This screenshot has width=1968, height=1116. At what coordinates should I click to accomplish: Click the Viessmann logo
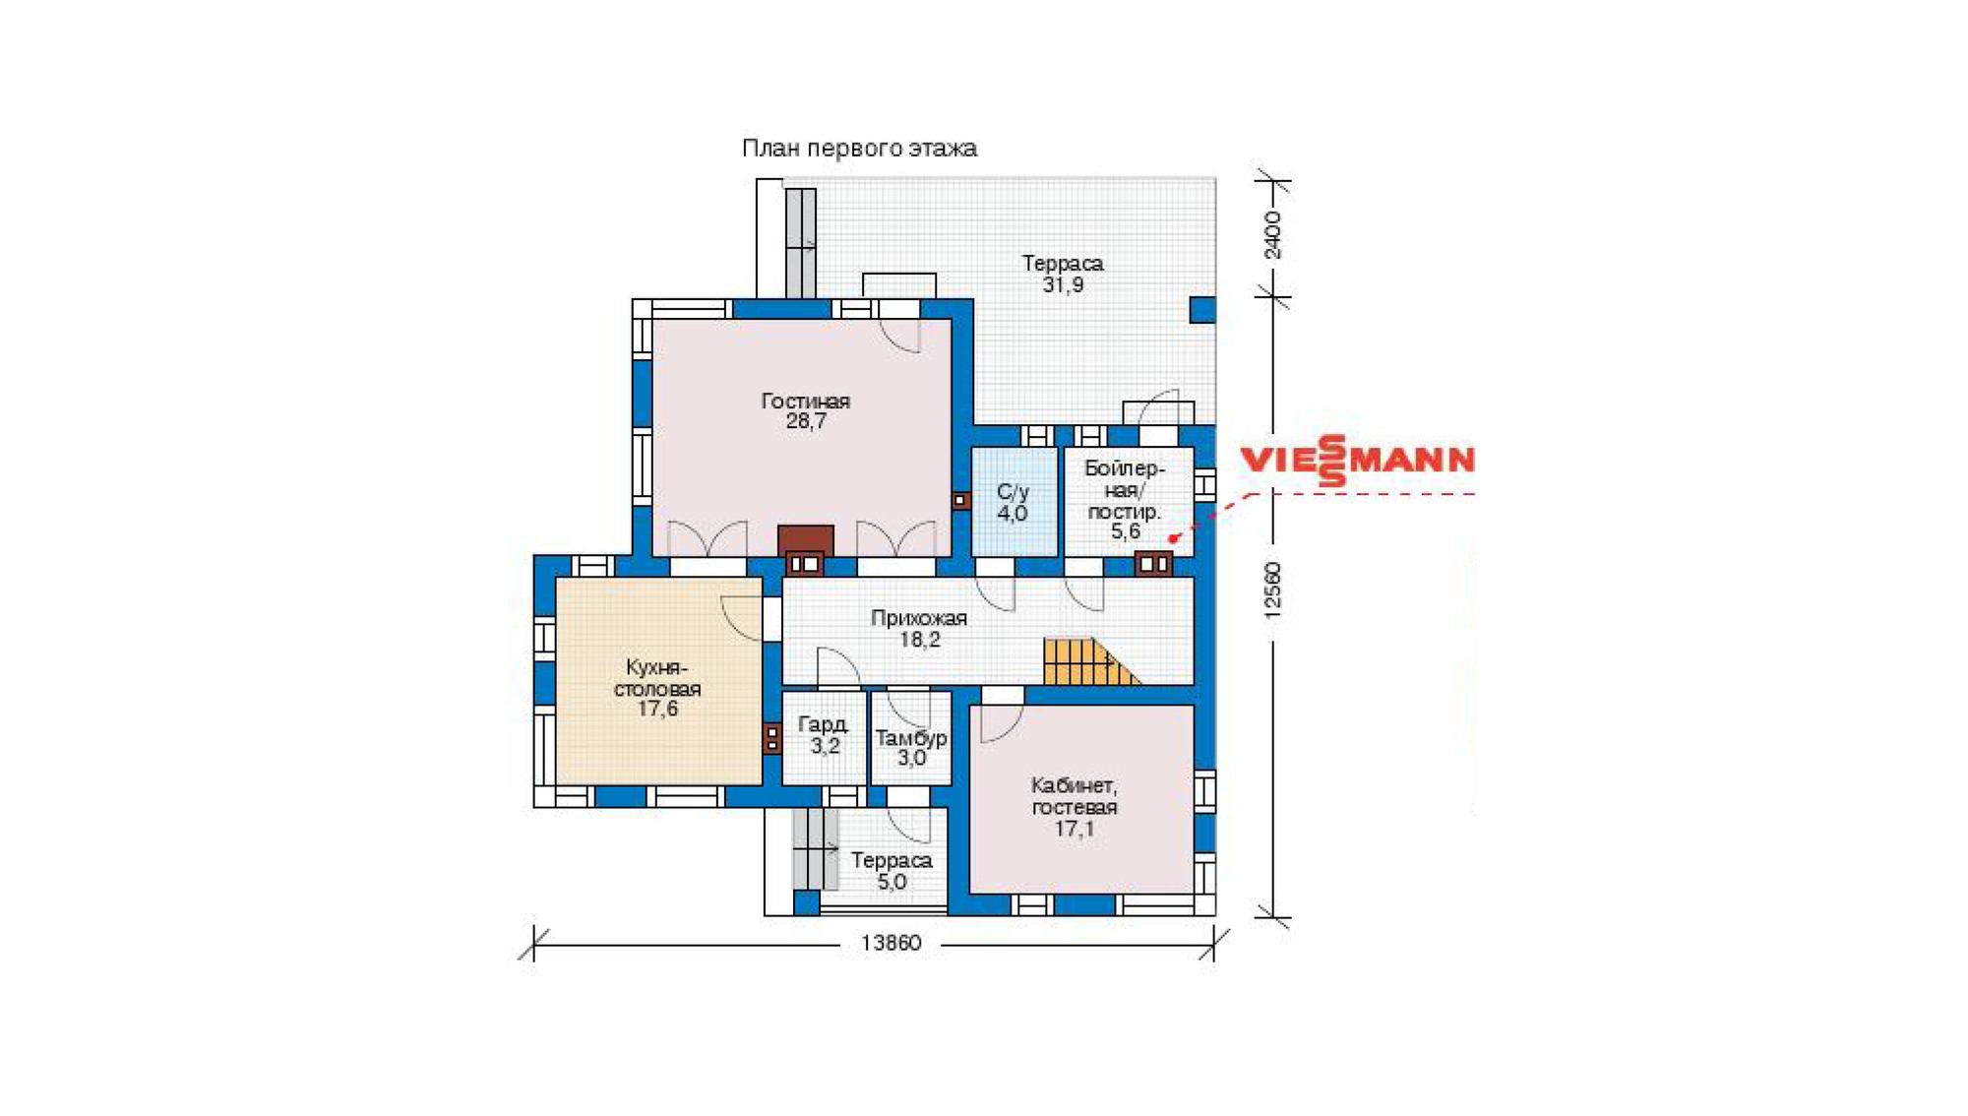pos(1357,461)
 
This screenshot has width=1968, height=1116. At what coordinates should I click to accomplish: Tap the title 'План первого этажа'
pos(859,149)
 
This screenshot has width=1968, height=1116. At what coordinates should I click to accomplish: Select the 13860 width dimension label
pos(892,943)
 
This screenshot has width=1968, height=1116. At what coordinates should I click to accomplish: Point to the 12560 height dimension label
pos(1272,590)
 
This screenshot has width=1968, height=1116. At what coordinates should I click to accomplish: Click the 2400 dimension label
pos(1272,235)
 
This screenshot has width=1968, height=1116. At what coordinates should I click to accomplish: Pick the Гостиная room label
pos(805,411)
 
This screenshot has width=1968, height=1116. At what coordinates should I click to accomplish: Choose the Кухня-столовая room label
pos(657,688)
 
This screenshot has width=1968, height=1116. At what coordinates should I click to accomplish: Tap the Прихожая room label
pos(919,629)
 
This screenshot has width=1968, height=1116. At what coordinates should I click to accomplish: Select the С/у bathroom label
pos(1013,502)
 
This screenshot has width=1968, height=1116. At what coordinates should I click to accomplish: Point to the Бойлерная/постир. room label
pos(1125,500)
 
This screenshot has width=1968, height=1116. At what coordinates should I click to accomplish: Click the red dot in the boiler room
pos(1172,538)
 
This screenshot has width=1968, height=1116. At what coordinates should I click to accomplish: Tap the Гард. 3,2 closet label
pos(824,735)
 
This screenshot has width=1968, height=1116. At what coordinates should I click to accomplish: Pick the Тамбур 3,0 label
pos(911,748)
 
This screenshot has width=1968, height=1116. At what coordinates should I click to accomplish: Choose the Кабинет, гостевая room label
pos(1075,807)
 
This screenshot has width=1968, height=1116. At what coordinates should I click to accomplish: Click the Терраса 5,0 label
pos(892,871)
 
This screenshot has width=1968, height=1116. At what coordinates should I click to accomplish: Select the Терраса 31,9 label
pos(1063,274)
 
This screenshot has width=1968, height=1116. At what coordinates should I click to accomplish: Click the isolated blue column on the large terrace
pos(1202,309)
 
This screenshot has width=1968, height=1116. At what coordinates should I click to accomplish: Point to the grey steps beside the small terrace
pos(816,848)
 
